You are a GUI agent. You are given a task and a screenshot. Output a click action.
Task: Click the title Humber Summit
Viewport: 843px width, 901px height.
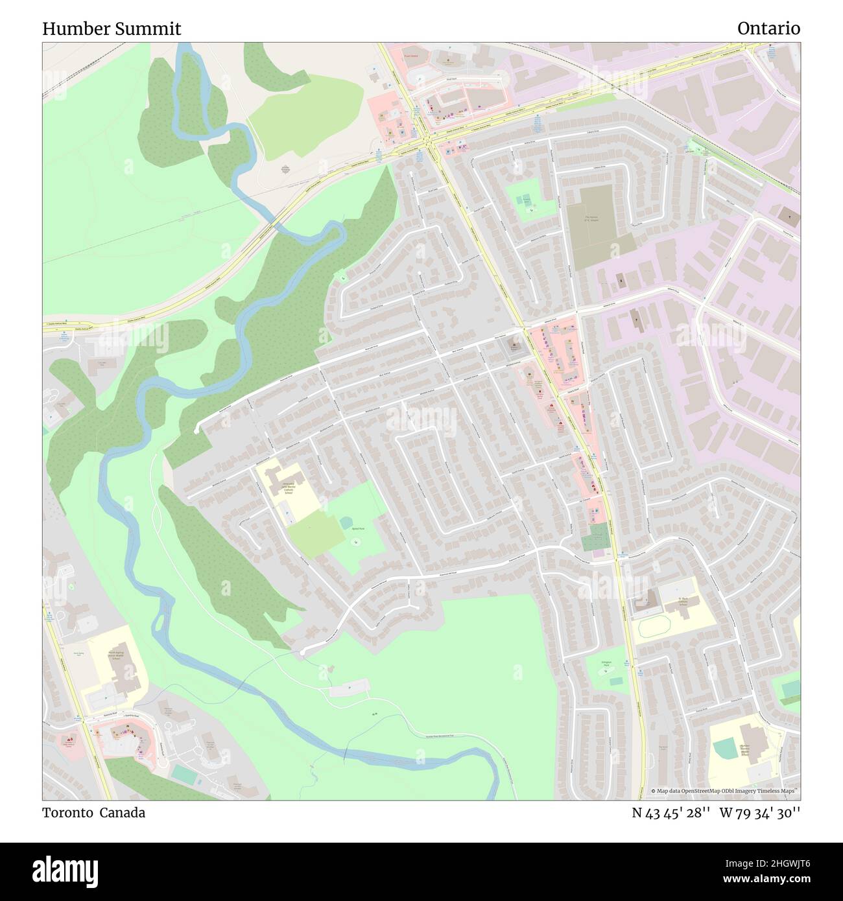pos(112,29)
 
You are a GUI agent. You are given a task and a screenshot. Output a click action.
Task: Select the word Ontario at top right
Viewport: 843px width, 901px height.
pos(768,29)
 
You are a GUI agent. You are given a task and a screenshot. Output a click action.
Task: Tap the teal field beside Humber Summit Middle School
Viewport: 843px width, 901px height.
pos(724,749)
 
